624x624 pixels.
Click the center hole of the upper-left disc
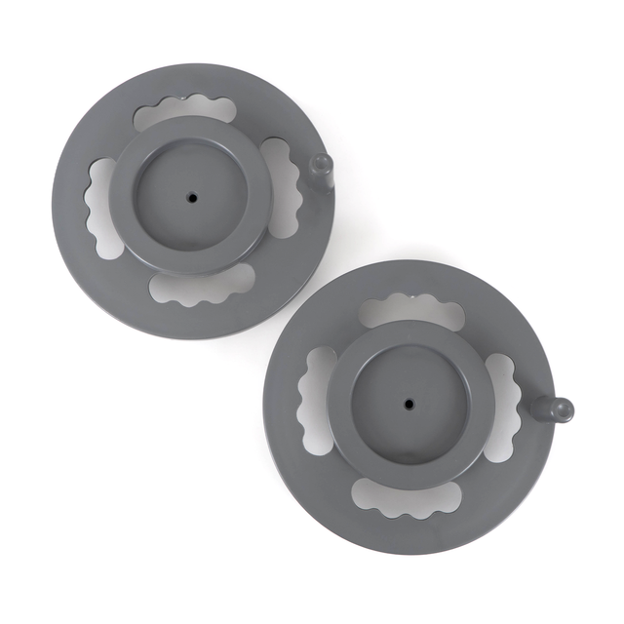[192, 197]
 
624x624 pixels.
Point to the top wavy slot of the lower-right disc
[410, 311]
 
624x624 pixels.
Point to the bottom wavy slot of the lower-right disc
[405, 494]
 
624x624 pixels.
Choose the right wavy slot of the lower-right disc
[500, 406]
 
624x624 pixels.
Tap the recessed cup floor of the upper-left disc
[175, 214]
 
